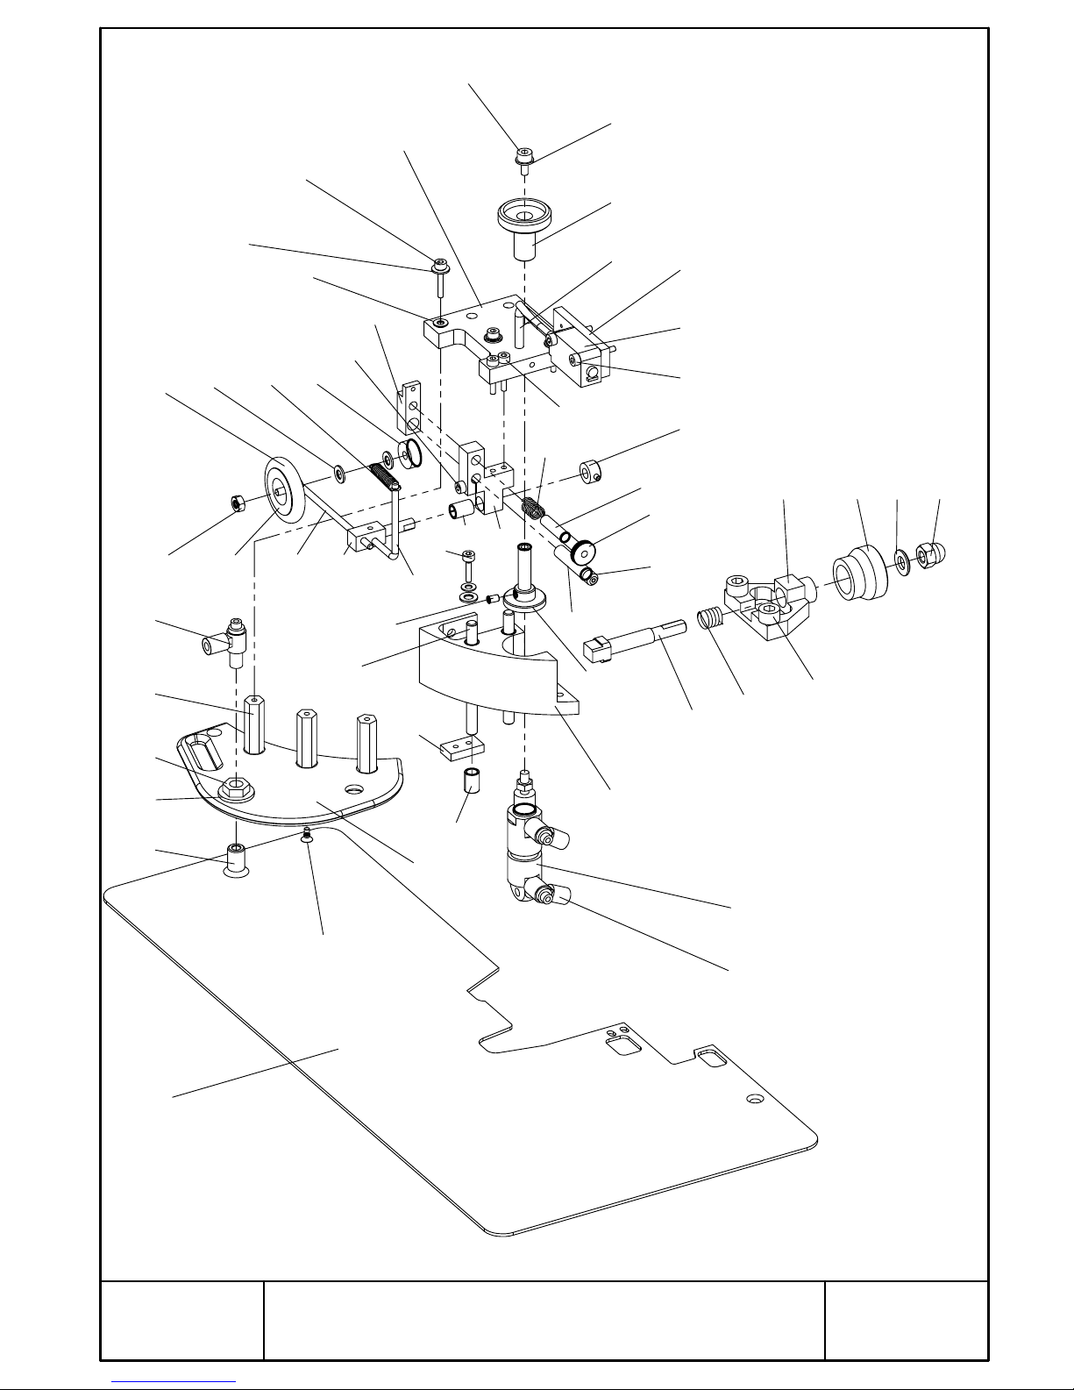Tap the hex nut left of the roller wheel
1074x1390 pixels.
[235, 503]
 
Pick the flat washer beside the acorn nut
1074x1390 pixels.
[900, 560]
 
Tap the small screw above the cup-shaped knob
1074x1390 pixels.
[524, 157]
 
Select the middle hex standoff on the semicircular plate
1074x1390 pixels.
[306, 737]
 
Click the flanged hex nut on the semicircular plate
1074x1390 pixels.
[235, 788]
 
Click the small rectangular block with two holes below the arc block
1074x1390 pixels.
[456, 747]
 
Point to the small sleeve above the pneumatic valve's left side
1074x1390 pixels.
[473, 780]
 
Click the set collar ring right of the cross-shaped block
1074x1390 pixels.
[589, 471]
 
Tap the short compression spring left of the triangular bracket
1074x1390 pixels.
[709, 620]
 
